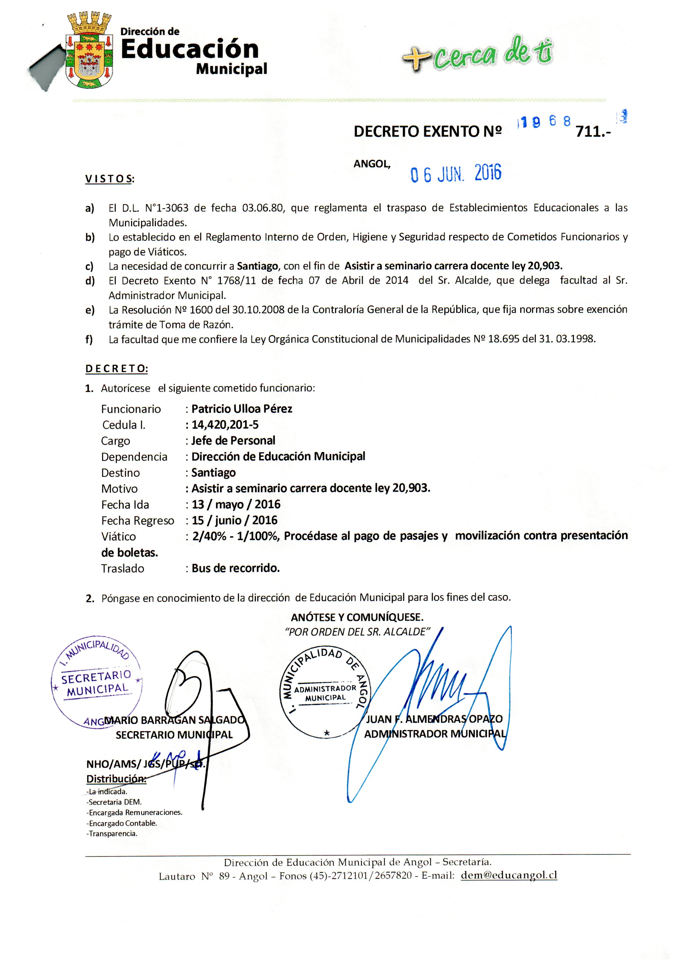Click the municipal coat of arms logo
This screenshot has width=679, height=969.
(89, 52)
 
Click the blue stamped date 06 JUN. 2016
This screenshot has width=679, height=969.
(456, 173)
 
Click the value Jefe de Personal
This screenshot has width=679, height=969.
(233, 440)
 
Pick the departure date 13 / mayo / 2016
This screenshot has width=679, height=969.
(236, 504)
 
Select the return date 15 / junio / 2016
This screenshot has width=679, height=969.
(235, 520)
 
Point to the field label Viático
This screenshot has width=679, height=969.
(119, 537)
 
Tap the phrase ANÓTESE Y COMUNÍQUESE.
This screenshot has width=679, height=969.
(357, 617)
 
